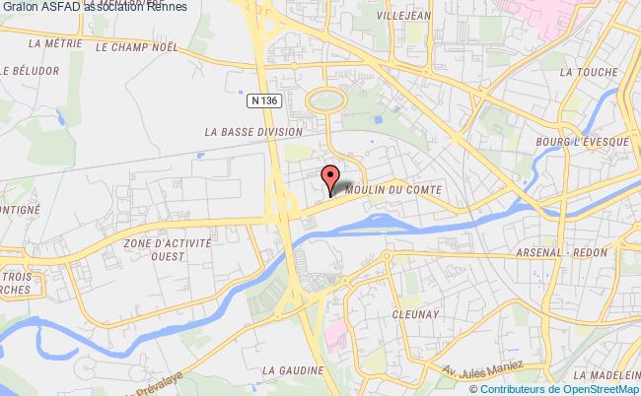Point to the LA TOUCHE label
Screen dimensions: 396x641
click(x=588, y=72)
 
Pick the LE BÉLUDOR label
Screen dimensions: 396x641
click(x=31, y=71)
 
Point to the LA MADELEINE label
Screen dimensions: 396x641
click(x=609, y=374)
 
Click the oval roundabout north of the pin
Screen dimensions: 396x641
click(x=325, y=99)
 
